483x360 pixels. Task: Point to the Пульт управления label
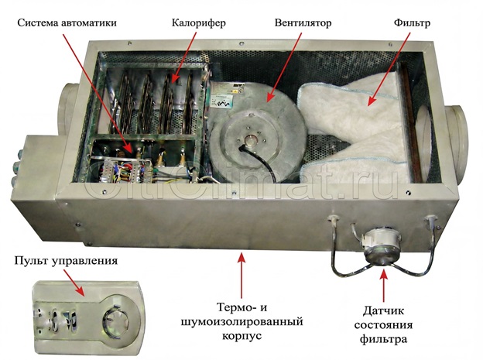point(65,261)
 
